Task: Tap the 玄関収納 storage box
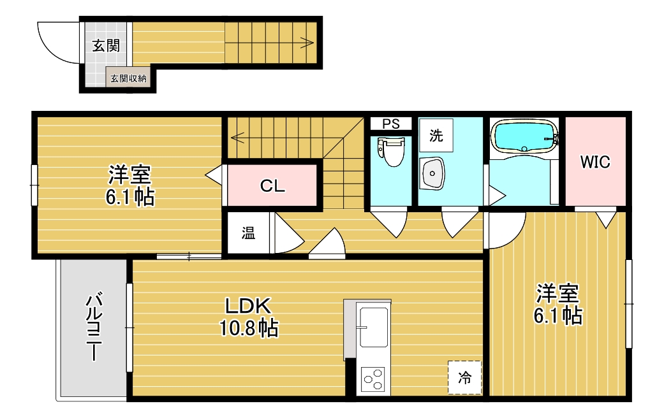(128, 78)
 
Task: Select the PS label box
(391, 124)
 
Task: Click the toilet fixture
(391, 152)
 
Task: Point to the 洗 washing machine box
(436, 135)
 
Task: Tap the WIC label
(594, 162)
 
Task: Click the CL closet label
(272, 186)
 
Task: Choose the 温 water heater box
(248, 234)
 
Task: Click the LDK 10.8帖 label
(248, 317)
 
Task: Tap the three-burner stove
(373, 380)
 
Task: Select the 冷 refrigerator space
(464, 377)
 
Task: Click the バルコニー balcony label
(96, 326)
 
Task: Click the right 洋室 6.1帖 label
(557, 304)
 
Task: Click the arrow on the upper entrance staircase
(306, 43)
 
